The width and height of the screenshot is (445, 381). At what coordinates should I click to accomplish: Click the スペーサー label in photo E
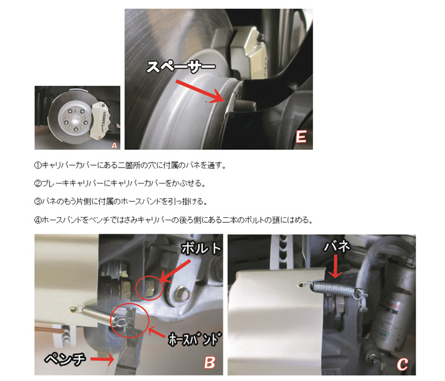click(181, 67)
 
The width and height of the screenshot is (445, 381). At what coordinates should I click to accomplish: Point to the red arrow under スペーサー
click(200, 91)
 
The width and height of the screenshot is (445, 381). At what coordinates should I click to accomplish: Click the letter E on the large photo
click(301, 137)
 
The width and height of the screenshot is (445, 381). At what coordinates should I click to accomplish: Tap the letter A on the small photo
click(114, 145)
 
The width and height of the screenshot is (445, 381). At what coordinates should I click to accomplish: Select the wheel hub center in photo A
click(74, 120)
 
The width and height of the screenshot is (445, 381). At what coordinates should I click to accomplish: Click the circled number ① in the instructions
click(38, 165)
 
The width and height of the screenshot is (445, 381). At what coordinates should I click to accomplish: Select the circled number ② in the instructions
click(38, 184)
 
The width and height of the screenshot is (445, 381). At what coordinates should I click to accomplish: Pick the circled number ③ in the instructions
click(38, 201)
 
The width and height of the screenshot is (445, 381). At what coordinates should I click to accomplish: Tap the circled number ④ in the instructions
click(38, 220)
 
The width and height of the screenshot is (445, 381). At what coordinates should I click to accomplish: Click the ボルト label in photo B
click(202, 249)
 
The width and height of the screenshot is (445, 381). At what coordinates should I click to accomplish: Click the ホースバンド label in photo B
click(194, 338)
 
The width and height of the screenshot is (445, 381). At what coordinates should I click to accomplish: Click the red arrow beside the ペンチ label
click(102, 359)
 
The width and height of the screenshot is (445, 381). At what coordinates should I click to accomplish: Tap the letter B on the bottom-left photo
click(209, 363)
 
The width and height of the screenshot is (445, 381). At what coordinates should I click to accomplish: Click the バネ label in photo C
click(336, 246)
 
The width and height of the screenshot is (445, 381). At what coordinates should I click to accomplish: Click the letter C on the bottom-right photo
click(402, 364)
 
